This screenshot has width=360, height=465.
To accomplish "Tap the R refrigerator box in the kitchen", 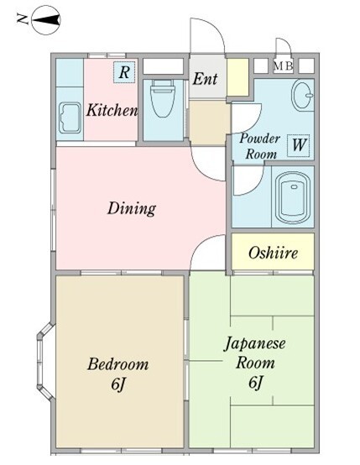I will [123, 72].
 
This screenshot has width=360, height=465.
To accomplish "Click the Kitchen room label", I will [112, 110].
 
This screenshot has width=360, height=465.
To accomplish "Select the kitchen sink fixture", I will [69, 120].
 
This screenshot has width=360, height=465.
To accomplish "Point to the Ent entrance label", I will [205, 80].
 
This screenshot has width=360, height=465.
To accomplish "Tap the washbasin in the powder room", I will [301, 97].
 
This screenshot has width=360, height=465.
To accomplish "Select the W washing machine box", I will [298, 144].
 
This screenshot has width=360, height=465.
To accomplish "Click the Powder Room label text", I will [259, 145].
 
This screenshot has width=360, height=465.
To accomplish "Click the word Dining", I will [131, 207].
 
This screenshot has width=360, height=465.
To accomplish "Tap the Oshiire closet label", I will [272, 253].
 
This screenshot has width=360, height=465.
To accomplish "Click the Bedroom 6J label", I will [117, 374].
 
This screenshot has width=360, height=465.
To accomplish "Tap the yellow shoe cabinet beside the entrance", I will [237, 77].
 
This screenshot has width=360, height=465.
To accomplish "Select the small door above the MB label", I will [284, 49].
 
